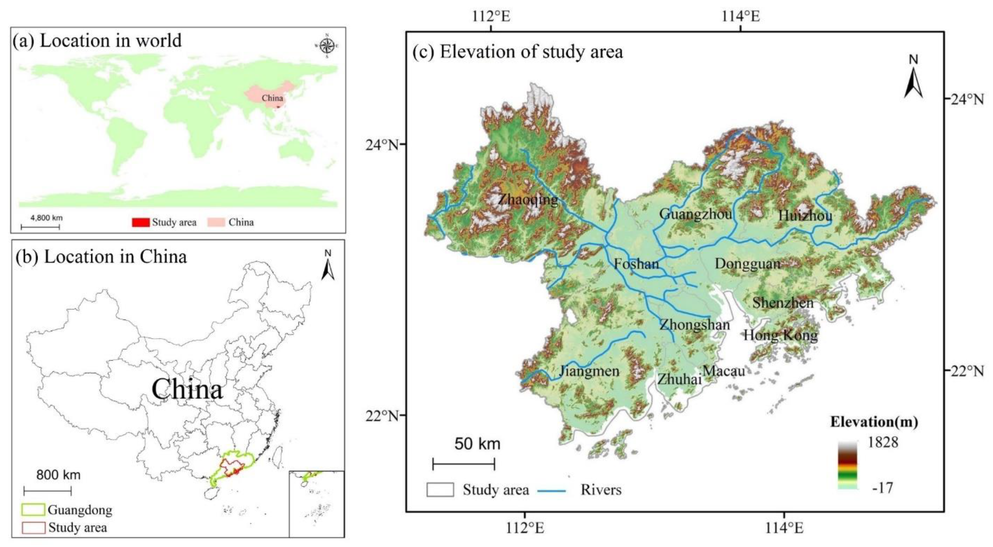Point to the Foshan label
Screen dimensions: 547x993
pyautogui.click(x=636, y=264)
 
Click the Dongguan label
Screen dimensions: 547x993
pyautogui.click(x=748, y=264)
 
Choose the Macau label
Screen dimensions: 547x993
pyautogui.click(x=724, y=371)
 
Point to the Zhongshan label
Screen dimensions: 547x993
pyautogui.click(x=695, y=325)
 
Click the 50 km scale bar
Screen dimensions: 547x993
pyautogui.click(x=464, y=464)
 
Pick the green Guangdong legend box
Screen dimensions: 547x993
pyautogui.click(x=34, y=510)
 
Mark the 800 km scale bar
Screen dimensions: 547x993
pyautogui.click(x=48, y=491)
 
